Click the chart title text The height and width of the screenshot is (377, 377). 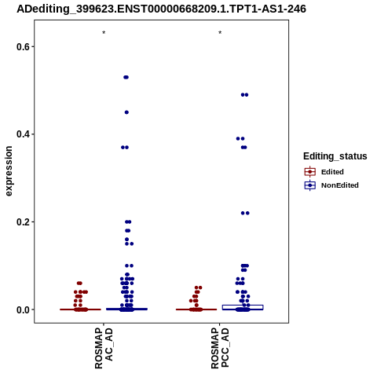[161, 9]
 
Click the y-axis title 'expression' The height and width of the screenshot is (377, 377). [9, 171]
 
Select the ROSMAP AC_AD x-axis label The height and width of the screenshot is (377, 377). [104, 348]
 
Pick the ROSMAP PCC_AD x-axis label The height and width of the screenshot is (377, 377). [220, 348]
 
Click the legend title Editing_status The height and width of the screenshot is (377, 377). [335, 156]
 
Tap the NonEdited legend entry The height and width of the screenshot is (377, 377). [331, 185]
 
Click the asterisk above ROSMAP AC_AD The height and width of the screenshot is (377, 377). [104, 33]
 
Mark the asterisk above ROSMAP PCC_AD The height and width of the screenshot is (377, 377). [220, 33]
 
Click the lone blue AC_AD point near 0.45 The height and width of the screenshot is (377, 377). [126, 112]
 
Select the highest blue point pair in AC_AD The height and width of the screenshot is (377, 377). [126, 77]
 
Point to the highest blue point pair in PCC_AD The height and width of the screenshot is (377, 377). [244, 95]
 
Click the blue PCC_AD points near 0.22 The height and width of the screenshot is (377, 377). [245, 213]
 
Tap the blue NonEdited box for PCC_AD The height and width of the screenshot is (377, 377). [243, 307]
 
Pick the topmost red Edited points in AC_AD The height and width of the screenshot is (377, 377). [79, 283]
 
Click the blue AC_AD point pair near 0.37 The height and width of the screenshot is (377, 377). [125, 148]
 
